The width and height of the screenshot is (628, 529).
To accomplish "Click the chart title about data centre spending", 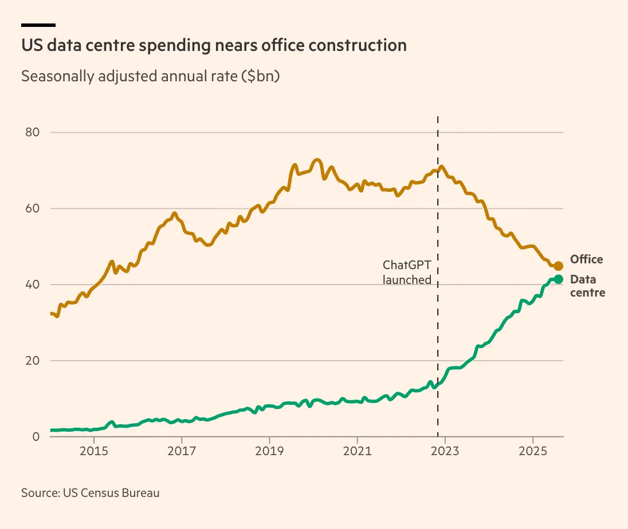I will [x=214, y=46].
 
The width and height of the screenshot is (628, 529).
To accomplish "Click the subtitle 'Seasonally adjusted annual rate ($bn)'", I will [x=150, y=76].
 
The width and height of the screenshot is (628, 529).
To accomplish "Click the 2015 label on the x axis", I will [x=94, y=451].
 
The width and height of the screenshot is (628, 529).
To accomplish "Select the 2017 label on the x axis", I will [x=182, y=451].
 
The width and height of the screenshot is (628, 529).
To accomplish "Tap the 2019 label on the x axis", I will [x=269, y=451].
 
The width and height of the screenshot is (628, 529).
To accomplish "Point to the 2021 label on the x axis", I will [x=357, y=451].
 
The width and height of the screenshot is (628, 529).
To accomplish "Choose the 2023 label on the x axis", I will [x=445, y=451].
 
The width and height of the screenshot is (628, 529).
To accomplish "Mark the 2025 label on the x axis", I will [x=533, y=451].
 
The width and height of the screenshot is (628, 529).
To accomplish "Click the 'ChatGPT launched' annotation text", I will [x=407, y=273].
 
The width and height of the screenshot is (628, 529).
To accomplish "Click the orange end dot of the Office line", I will [x=559, y=266].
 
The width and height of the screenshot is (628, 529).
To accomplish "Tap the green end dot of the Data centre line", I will [x=559, y=279].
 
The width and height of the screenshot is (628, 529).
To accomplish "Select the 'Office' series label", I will [x=586, y=259].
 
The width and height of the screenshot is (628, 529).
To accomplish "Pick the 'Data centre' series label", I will [x=587, y=286].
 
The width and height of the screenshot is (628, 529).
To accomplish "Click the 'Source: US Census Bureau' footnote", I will [x=90, y=492].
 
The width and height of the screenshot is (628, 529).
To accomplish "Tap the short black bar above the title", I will [x=38, y=25].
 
